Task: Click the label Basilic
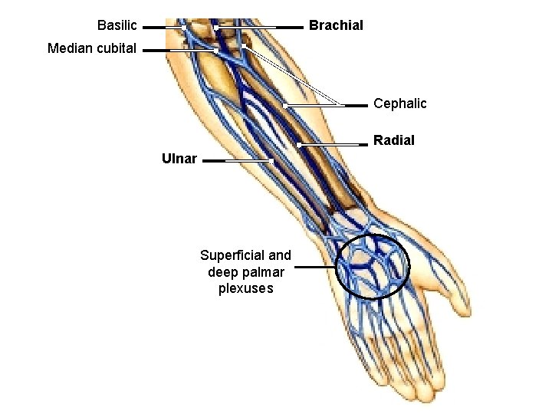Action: (x=117, y=25)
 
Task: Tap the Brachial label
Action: (x=336, y=25)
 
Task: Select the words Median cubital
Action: (x=92, y=48)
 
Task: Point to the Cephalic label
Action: (x=399, y=103)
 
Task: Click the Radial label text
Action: (x=394, y=140)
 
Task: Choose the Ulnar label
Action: (x=179, y=159)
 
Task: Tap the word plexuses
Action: (x=245, y=288)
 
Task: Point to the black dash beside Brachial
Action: (x=291, y=27)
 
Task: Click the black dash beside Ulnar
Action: (x=214, y=161)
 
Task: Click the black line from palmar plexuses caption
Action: (x=314, y=268)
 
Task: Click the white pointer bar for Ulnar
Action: (x=249, y=161)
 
